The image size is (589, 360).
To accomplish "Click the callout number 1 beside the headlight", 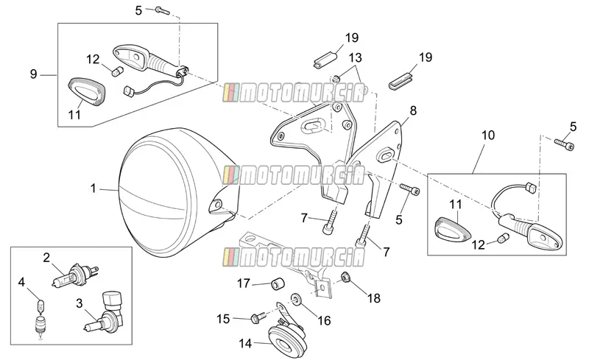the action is point(94,188).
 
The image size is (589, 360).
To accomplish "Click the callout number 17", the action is point(243,283).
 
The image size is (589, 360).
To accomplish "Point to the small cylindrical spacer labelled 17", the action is point(278,283).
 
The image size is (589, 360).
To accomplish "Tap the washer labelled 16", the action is point(296,300).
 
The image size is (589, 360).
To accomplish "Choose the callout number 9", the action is point(33,74).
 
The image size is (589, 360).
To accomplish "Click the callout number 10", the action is point(488,135).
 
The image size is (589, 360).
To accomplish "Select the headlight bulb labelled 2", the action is point(75,276).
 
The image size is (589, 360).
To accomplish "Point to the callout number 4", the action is point(21,282).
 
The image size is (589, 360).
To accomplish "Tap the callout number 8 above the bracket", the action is point(413,110).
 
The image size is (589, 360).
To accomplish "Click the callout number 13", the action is point(355,57).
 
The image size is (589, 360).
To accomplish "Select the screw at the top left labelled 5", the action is point(163,10).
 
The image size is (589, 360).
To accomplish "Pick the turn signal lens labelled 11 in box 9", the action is point(87,93).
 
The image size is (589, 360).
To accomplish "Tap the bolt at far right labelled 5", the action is point(564,144).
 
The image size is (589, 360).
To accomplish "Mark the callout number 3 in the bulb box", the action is point(80,303).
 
